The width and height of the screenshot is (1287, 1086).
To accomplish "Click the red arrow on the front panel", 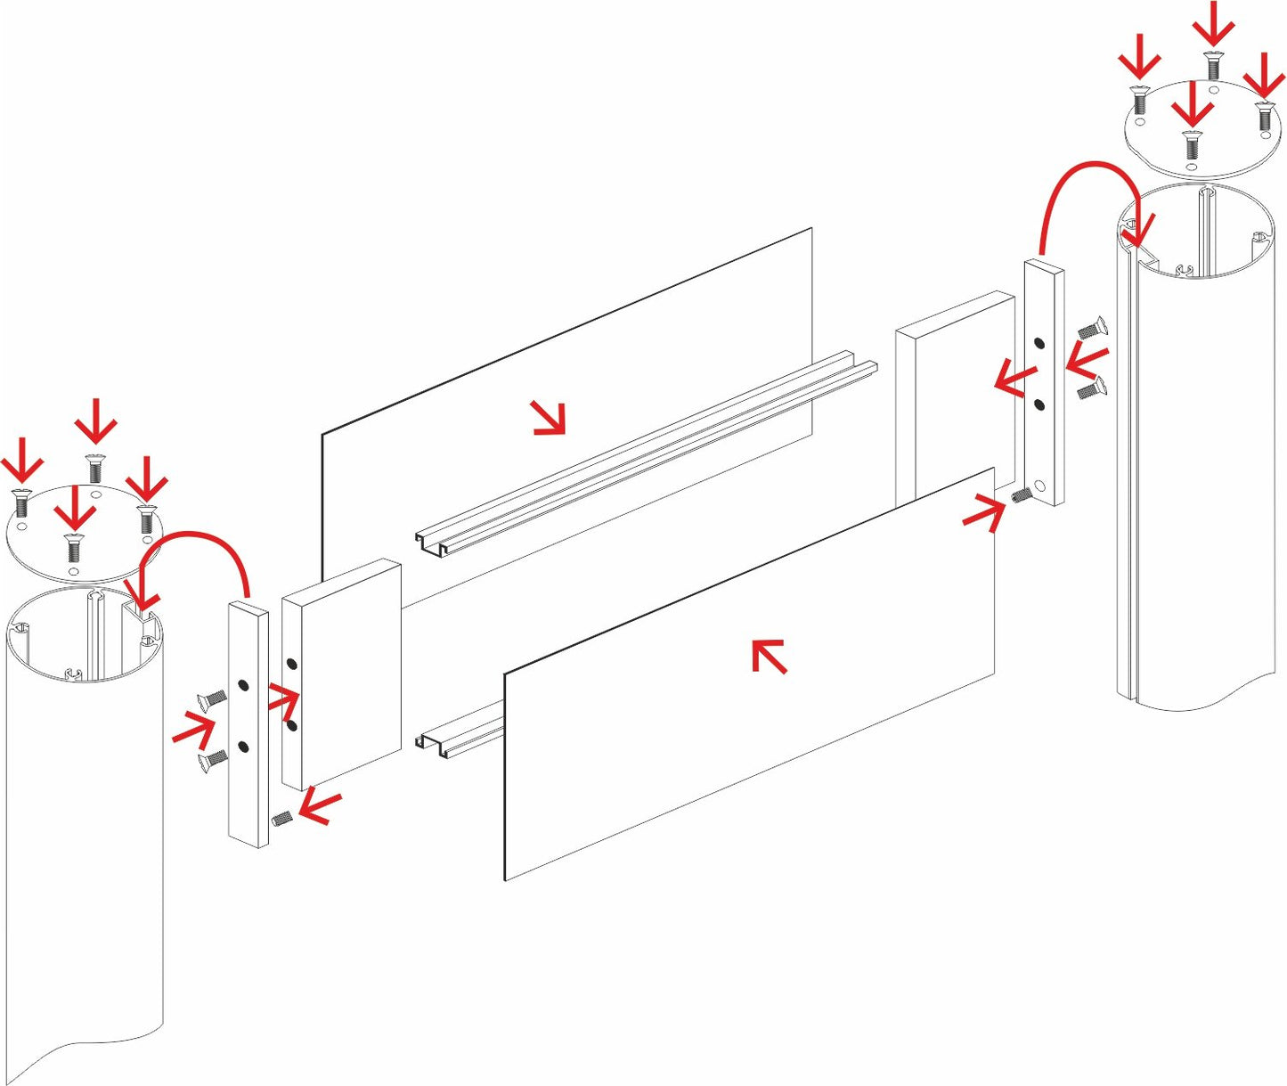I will (x=769, y=656).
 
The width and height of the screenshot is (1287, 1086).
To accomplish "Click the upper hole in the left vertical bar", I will (x=243, y=686).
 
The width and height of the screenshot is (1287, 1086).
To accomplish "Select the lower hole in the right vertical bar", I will (x=1039, y=405).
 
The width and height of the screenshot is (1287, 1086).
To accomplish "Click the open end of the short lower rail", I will (x=432, y=745).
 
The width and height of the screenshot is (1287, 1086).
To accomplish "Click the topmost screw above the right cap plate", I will (x=1210, y=65).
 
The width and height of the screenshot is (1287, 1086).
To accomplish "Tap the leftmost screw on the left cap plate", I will (x=23, y=504).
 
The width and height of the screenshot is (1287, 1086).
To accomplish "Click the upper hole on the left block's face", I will (x=291, y=665).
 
